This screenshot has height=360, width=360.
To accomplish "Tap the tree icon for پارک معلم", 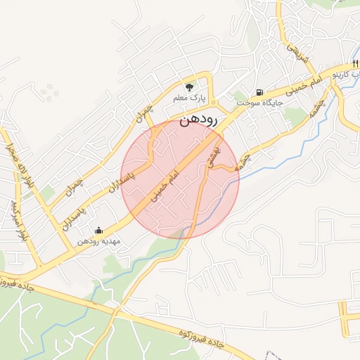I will [188, 86].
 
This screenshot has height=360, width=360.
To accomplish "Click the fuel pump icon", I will [261, 91].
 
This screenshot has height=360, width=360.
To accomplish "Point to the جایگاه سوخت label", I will [259, 103].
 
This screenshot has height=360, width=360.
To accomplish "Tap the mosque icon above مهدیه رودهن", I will [98, 230].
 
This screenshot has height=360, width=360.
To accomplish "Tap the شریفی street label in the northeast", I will [296, 54].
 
